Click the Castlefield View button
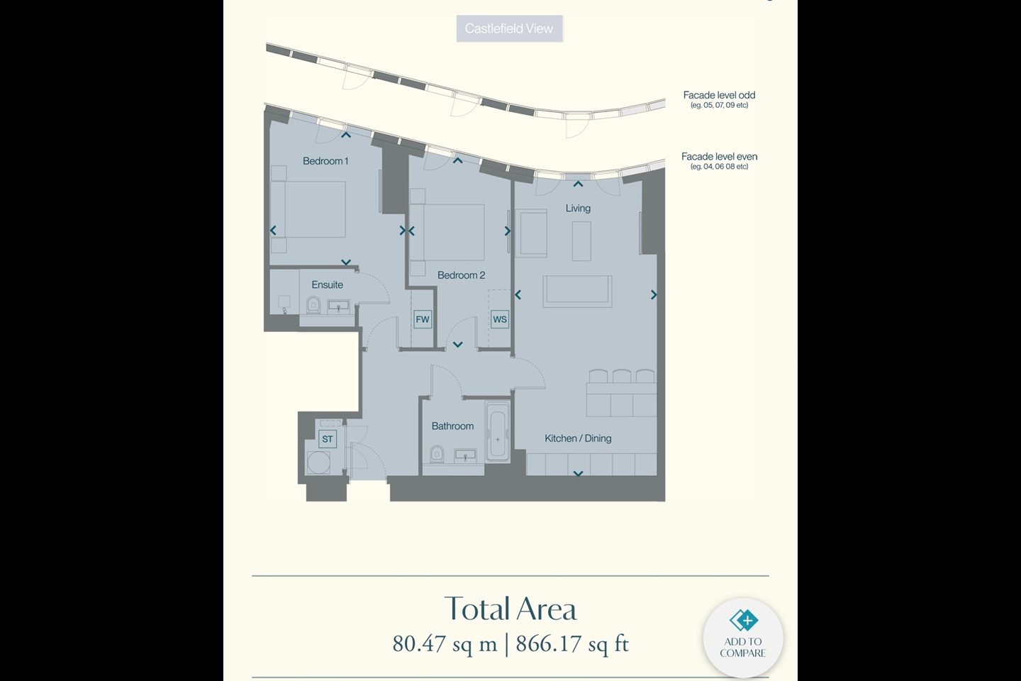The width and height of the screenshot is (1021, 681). (509, 29)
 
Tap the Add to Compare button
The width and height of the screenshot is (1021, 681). (743, 637)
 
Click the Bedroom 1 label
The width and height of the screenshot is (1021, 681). (325, 161)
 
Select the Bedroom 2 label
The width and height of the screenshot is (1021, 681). (461, 275)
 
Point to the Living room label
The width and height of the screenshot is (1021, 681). (578, 208)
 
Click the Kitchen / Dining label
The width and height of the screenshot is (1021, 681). (578, 438)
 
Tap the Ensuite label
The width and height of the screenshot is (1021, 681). (327, 284)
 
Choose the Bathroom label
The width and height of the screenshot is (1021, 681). (452, 426)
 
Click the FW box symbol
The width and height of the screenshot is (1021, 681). (423, 319)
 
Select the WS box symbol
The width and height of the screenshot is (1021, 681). (500, 319)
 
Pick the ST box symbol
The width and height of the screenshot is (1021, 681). (328, 439)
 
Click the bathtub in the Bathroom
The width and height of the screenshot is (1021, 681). (497, 433)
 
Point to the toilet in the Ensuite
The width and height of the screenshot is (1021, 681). (313, 305)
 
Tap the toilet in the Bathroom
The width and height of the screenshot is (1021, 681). (437, 453)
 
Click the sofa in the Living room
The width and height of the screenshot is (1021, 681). (577, 291)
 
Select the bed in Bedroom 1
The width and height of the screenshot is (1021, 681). (308, 209)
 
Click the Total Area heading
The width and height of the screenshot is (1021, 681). (510, 609)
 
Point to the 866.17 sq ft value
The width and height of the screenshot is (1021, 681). (572, 643)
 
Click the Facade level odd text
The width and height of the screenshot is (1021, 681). (719, 95)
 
